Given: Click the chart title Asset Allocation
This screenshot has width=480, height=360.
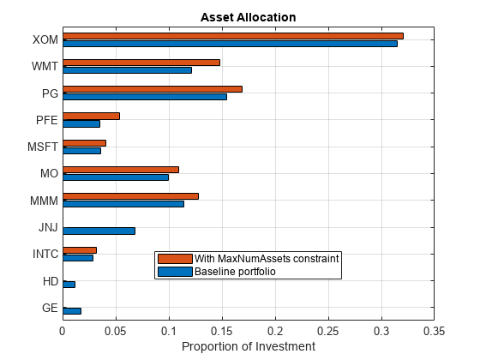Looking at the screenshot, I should pos(248,17).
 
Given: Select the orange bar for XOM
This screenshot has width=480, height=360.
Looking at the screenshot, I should pos(232,36).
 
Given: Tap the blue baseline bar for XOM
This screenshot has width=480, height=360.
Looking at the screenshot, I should pos(230,43).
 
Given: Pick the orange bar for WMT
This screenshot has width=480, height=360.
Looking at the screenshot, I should pos(141,63).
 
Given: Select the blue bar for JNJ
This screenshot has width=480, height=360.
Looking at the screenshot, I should pos(99,231).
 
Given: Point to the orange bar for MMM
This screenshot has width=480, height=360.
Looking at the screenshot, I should pos(130,196).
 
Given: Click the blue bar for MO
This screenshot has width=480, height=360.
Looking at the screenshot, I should pos(116,177).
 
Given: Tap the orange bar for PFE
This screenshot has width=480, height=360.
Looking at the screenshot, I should pos(91,116).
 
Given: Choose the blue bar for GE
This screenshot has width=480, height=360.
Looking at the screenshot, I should pos(72,310).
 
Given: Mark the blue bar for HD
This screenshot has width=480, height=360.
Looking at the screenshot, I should pos(69,284).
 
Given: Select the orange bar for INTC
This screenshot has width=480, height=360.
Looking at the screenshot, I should pos(80,250).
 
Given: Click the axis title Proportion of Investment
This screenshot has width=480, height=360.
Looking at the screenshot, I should pos(248,346).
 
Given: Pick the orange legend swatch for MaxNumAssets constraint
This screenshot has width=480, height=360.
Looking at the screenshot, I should pos(175,259).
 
